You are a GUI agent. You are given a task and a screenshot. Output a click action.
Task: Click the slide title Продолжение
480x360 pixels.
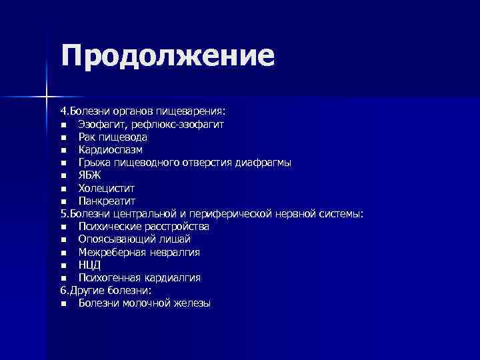coord(167,56)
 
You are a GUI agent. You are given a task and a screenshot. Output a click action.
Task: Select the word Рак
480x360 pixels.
coord(87,137)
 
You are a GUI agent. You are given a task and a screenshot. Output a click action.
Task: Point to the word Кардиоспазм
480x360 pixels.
coord(110,150)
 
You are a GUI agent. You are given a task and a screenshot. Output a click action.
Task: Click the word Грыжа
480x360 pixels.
coord(93,163)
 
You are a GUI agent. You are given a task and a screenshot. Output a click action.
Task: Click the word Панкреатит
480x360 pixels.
coord(107,201)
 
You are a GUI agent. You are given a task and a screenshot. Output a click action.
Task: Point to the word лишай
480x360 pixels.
coord(175,239)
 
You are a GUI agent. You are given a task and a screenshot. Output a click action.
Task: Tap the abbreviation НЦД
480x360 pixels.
coord(90,265)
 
